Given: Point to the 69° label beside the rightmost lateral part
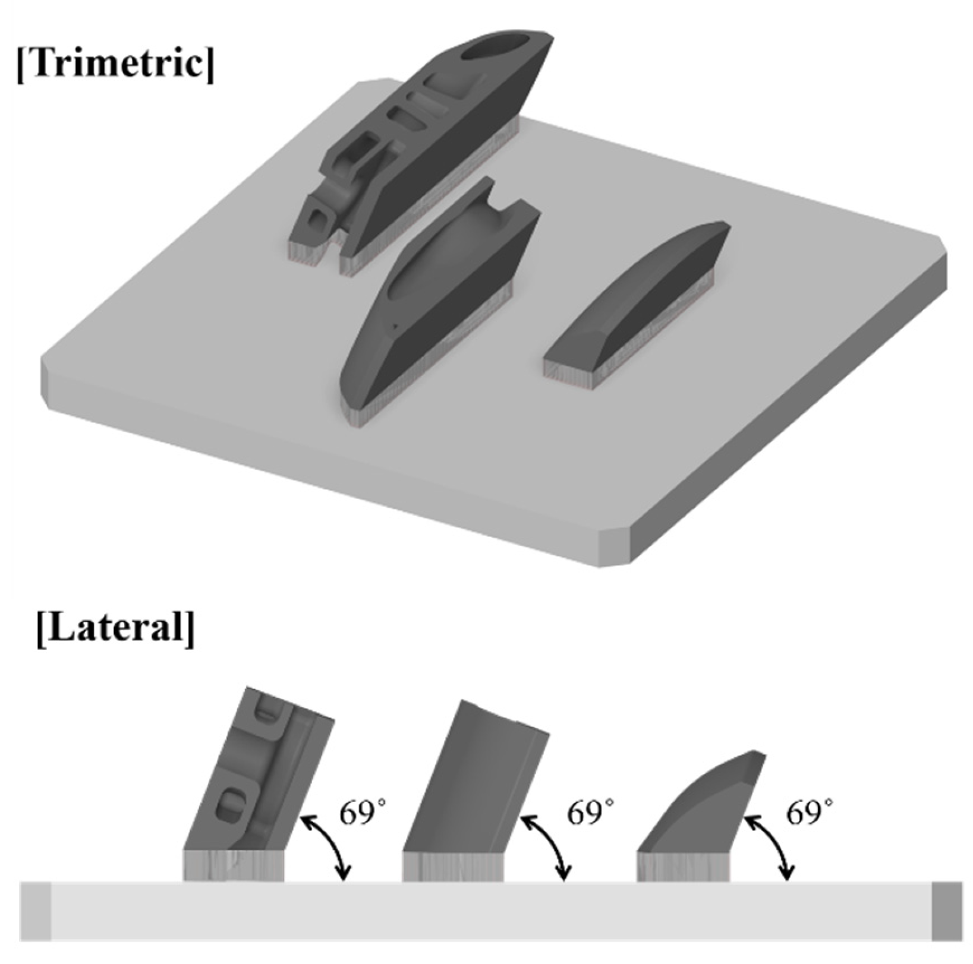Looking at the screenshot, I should tap(809, 812).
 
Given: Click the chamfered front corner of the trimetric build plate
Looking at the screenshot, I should tap(615, 546).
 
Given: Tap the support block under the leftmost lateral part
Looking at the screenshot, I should tap(234, 865).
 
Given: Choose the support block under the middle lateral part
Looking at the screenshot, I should tap(453, 865).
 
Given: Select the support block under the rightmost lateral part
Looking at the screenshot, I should tap(683, 865).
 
